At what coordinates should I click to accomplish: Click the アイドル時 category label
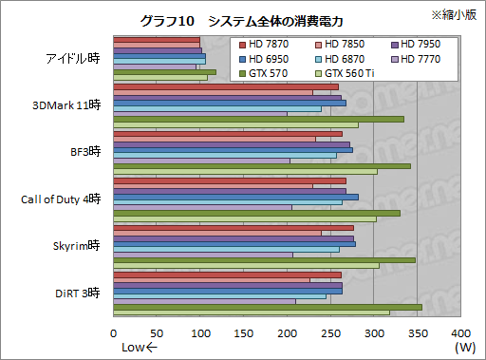coord(73,58)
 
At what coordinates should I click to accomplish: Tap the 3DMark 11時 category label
coord(66,104)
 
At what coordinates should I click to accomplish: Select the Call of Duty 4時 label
coord(60,199)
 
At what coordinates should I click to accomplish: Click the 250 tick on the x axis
coord(330,334)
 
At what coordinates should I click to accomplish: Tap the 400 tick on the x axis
coord(460,334)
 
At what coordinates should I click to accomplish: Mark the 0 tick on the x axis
coord(114,334)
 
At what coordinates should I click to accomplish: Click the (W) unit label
coord(465,349)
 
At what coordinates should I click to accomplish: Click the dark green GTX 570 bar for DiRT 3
coord(268,307)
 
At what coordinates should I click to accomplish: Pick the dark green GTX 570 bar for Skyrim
coord(264,259)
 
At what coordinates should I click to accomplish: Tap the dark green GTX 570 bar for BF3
coord(262,165)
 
